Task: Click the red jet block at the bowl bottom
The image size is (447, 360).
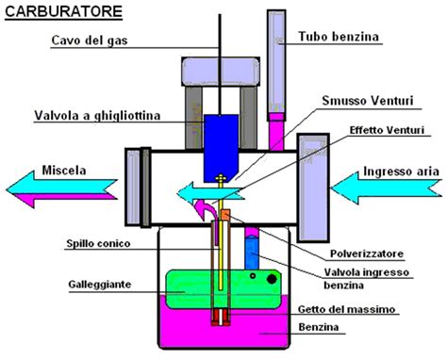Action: click(x=223, y=319)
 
